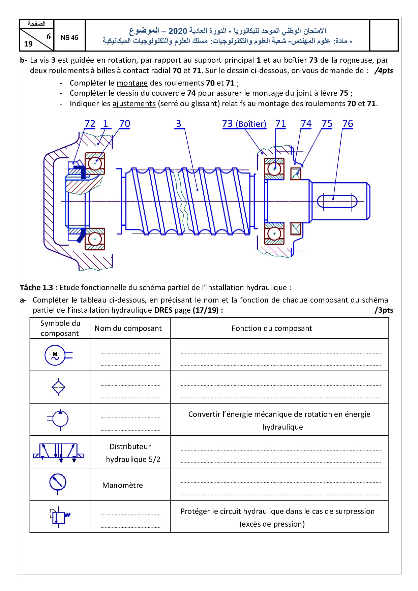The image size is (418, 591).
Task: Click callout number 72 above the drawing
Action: click(x=90, y=124)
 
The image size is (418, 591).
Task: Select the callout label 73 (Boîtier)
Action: click(x=244, y=124)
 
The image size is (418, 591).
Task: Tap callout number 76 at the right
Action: click(x=348, y=124)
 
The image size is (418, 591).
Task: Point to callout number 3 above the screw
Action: click(x=178, y=124)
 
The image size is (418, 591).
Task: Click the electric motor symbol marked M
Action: click(x=55, y=355)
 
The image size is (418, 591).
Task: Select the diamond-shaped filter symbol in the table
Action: click(x=59, y=387)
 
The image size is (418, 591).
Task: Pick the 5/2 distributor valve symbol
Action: click(x=59, y=452)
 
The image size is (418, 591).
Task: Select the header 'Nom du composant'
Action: click(x=128, y=328)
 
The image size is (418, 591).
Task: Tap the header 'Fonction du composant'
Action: click(x=272, y=328)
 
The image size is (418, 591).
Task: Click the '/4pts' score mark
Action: click(x=384, y=71)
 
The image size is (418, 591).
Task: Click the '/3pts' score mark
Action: click(x=384, y=310)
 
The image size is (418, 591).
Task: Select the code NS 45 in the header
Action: click(x=69, y=38)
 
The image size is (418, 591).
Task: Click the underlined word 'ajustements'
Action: click(x=134, y=103)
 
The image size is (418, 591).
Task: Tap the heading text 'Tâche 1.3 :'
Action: click(x=38, y=287)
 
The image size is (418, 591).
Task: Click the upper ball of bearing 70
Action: click(x=95, y=163)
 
